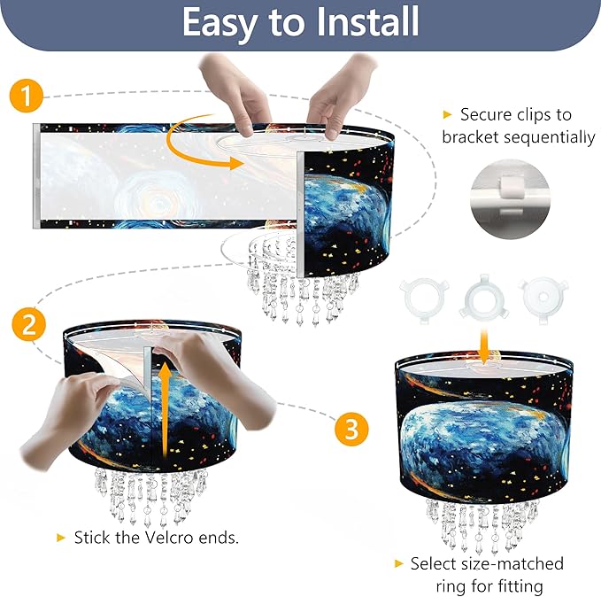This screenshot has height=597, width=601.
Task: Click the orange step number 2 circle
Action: [x=28, y=324]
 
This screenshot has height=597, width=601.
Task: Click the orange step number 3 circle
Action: [x=352, y=430]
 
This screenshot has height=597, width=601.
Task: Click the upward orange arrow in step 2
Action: [x=165, y=399]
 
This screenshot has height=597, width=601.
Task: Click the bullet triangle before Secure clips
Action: [x=447, y=114]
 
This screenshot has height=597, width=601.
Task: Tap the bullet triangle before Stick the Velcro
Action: [x=61, y=537]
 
